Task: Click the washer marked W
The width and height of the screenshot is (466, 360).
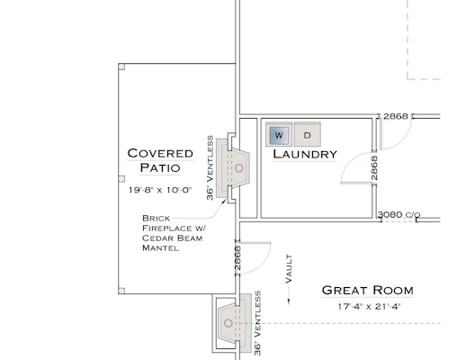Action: click(x=279, y=134)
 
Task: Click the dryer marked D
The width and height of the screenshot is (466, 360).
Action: click(x=308, y=134)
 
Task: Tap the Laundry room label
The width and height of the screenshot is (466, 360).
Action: click(x=305, y=154)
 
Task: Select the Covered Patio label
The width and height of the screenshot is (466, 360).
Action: click(x=160, y=160)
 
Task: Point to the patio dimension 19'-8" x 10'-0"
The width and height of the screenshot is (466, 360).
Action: click(x=160, y=190)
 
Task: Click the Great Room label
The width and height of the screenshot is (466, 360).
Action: click(x=368, y=291)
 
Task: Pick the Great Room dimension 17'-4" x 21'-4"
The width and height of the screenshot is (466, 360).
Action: click(x=369, y=307)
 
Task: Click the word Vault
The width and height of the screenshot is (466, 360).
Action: click(x=289, y=269)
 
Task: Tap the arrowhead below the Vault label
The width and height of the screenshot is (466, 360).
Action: click(x=289, y=301)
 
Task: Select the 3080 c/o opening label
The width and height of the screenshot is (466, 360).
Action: click(x=399, y=215)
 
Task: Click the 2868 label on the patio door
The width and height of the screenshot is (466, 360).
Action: click(x=237, y=257)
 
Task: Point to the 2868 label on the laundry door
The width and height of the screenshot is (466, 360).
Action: click(x=374, y=168)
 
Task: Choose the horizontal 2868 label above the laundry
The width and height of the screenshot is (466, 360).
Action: click(x=396, y=116)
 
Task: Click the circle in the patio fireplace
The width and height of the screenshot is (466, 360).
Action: click(x=239, y=168)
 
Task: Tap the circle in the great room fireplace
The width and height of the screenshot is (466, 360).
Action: click(x=229, y=323)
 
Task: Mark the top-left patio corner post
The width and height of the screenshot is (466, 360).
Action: click(x=121, y=67)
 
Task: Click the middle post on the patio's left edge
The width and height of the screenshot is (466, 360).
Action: click(x=121, y=179)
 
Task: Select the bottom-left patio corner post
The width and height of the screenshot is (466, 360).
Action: click(x=121, y=291)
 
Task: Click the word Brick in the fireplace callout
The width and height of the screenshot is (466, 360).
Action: click(x=156, y=218)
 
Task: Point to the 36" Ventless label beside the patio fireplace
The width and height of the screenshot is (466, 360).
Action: click(x=210, y=168)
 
